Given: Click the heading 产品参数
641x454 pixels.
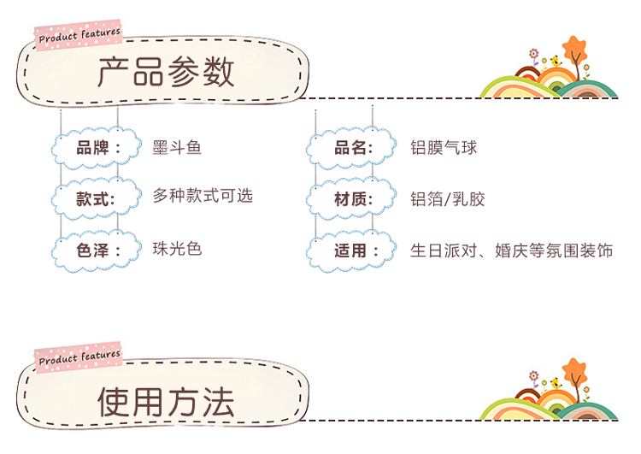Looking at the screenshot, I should [166, 73].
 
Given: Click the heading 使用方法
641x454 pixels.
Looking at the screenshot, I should [166, 401].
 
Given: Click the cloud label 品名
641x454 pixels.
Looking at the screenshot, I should [351, 148].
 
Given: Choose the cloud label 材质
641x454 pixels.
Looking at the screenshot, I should [351, 199].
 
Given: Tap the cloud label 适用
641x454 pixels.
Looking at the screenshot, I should [351, 251].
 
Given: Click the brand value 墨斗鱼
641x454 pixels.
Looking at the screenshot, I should [177, 148].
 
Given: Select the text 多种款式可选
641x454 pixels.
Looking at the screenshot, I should [203, 196].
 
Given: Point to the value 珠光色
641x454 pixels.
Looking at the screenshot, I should [177, 249].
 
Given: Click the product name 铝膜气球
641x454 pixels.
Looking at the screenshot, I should [444, 148].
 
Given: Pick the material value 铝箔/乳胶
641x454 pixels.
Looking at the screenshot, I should [448, 199].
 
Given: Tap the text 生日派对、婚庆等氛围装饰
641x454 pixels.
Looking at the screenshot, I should [512, 251].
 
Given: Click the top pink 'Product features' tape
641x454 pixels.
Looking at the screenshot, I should [79, 34].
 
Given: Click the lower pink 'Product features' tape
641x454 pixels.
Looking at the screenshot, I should [79, 357].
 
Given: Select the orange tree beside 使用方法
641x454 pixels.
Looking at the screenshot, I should [574, 373].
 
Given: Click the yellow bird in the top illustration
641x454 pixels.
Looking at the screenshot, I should [556, 62].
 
